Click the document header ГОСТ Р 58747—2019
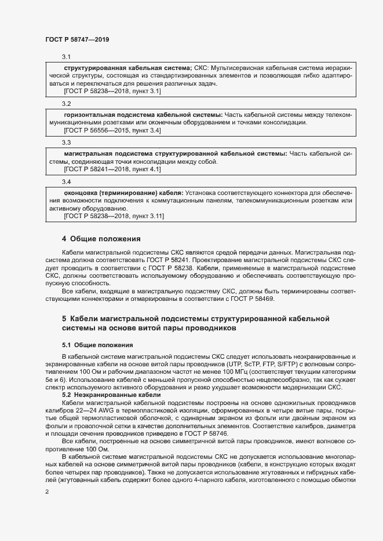pos(77,39)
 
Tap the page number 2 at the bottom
pos(47,492)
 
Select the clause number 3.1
pos(66,57)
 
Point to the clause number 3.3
pos(66,142)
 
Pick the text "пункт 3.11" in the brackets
pos(147,216)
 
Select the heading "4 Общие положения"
pos(101,238)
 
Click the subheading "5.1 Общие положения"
pos(89,345)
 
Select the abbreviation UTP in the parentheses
pos(236,364)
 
